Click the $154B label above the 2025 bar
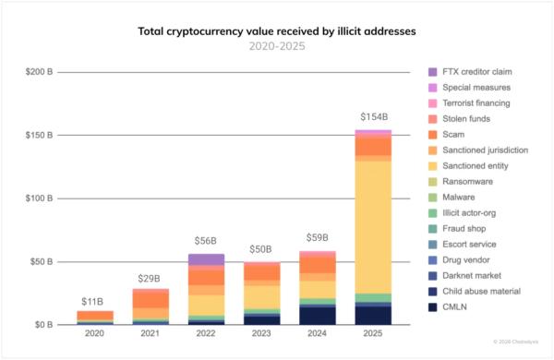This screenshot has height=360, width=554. (373, 118)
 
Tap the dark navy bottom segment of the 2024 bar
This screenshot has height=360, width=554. (317, 315)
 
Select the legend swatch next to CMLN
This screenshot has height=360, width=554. (433, 306)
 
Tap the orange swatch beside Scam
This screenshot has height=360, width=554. (433, 135)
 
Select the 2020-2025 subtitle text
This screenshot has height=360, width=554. (276, 45)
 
